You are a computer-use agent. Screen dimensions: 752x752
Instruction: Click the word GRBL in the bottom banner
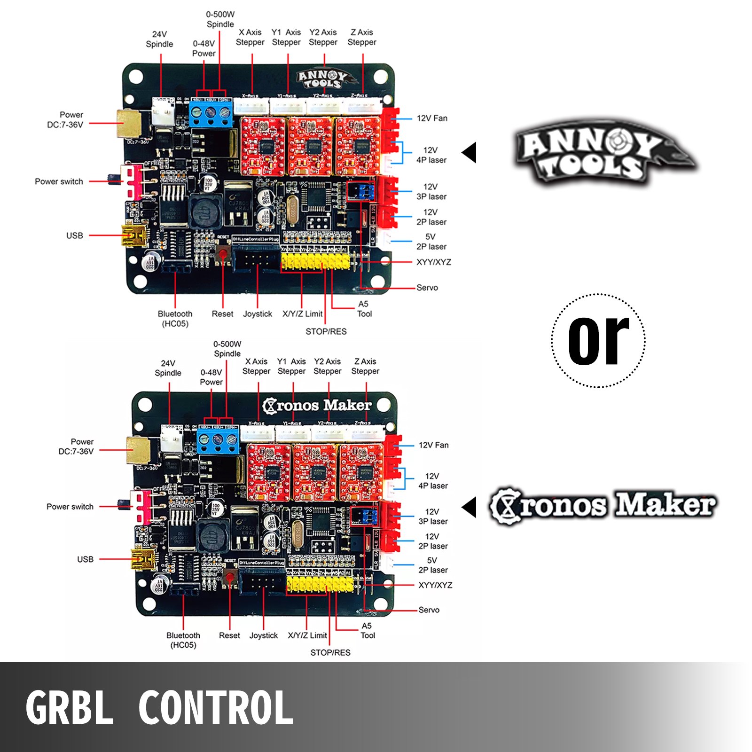click(x=70, y=707)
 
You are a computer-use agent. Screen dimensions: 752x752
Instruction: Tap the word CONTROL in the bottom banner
click(x=216, y=707)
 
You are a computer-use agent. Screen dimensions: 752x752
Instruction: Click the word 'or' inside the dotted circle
click(x=598, y=340)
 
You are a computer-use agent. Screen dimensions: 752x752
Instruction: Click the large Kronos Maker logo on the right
click(x=603, y=507)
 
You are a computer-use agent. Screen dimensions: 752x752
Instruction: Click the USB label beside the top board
click(x=74, y=235)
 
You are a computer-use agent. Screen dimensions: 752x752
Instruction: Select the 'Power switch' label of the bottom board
click(x=70, y=507)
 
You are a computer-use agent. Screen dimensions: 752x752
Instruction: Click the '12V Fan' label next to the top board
click(x=432, y=118)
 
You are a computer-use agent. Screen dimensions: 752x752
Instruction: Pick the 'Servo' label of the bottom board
click(x=429, y=610)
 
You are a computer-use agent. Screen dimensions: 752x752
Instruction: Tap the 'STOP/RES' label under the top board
click(x=326, y=331)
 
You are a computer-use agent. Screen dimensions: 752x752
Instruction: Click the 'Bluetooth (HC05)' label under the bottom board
click(x=183, y=640)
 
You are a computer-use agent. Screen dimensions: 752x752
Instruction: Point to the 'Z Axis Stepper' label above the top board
click(x=362, y=37)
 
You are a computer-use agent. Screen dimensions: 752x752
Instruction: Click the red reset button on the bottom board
click(x=230, y=578)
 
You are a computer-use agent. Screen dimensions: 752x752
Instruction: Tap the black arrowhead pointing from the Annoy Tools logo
click(x=470, y=153)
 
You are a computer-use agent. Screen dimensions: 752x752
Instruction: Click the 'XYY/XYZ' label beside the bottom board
click(x=435, y=585)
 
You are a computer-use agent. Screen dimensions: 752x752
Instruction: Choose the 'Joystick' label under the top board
click(x=257, y=314)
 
